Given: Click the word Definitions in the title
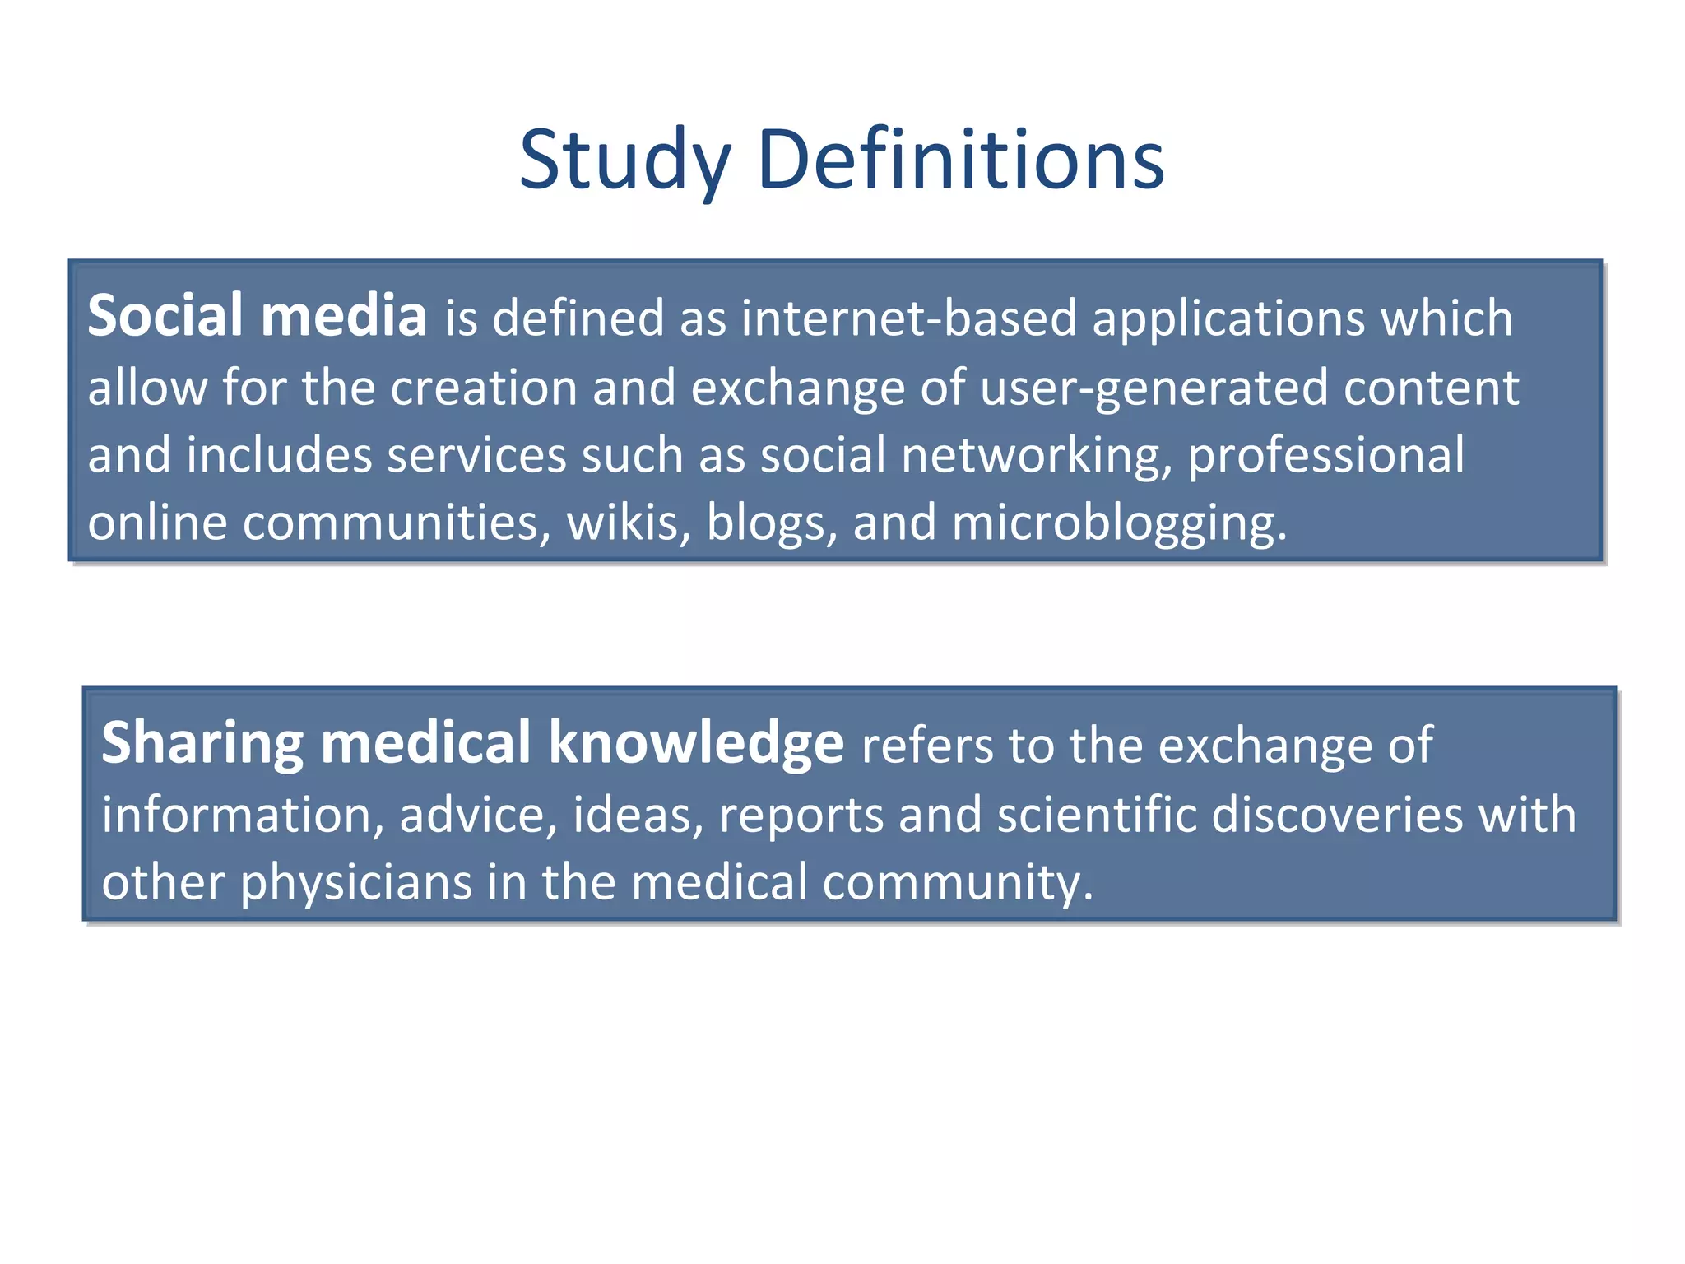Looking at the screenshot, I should coord(960,160).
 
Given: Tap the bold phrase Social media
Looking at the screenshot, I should coord(257,317).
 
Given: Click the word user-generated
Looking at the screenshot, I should coord(1154,388).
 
